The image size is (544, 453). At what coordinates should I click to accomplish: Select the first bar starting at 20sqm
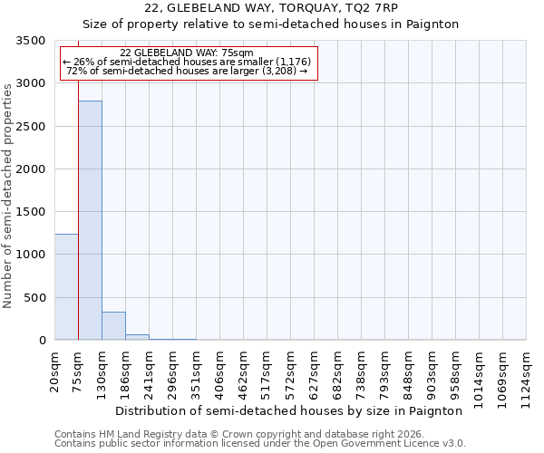tap(66, 286)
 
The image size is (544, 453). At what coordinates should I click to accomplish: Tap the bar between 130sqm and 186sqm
tap(113, 325)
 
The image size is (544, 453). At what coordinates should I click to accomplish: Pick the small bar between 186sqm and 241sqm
tap(137, 337)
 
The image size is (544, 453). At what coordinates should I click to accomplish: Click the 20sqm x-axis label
tap(55, 369)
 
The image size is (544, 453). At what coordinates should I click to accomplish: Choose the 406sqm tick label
tap(220, 371)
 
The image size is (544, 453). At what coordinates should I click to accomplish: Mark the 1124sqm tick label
tap(527, 373)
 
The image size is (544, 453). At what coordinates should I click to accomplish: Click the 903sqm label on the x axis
tap(432, 371)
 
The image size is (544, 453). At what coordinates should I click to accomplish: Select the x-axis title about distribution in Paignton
tap(290, 410)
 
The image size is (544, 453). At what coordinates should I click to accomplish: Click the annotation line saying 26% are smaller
tap(188, 61)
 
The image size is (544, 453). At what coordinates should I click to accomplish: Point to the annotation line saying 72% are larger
tap(188, 70)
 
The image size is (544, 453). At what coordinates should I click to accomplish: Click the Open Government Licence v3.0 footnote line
tap(260, 444)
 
